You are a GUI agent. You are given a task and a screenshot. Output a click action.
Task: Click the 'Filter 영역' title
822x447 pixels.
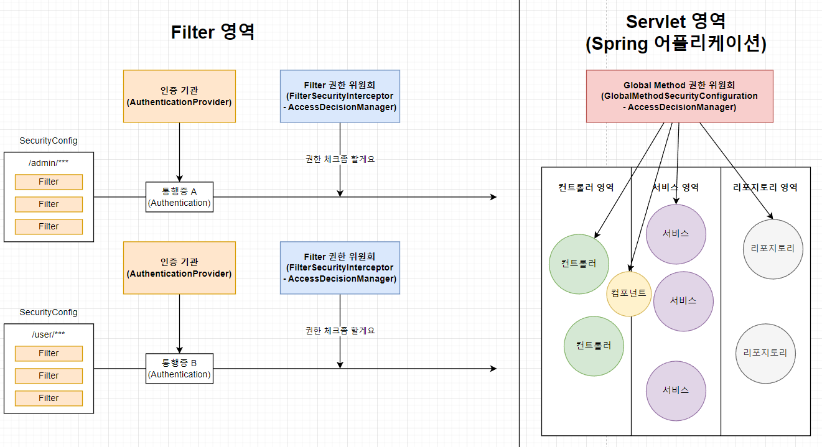pos(213,32)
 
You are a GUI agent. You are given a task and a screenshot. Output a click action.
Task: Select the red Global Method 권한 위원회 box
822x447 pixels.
pos(679,96)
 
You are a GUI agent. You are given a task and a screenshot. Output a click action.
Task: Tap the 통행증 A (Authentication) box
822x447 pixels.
pos(179,196)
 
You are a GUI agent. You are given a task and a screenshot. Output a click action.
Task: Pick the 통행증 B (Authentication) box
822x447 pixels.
pos(179,368)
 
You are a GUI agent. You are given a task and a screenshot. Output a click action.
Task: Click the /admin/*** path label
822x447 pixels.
pos(49,163)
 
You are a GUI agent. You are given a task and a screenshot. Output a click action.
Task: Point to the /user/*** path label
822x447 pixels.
pos(49,334)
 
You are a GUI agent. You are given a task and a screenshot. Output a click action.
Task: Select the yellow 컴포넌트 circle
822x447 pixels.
pos(629,293)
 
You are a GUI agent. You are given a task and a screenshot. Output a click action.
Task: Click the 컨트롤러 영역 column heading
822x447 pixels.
pos(586,187)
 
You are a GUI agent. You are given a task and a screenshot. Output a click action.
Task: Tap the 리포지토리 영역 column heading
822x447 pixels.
pos(765,187)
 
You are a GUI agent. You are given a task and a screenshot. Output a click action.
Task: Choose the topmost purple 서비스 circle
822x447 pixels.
pos(676,234)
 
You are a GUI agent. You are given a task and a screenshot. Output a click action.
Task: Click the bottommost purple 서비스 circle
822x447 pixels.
pos(676,390)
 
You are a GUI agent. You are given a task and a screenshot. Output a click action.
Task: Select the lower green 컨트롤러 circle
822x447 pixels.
pos(594,346)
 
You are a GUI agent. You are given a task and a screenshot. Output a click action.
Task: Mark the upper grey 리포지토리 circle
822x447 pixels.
pos(773,249)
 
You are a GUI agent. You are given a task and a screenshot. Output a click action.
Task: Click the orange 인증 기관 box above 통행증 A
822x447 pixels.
pos(179,96)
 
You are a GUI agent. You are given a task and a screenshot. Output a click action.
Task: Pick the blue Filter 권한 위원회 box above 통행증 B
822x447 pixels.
pos(340,268)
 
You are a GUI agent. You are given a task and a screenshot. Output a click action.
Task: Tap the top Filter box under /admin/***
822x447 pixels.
pos(49,182)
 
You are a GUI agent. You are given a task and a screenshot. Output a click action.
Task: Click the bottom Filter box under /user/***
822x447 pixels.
pos(49,398)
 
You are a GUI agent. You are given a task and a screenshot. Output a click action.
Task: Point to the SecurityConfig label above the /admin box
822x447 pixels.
pos(49,141)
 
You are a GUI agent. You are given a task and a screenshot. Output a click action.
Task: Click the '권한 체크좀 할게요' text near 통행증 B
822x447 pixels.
pos(340,331)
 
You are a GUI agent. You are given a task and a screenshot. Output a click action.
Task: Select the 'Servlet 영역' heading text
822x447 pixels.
pos(675,22)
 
